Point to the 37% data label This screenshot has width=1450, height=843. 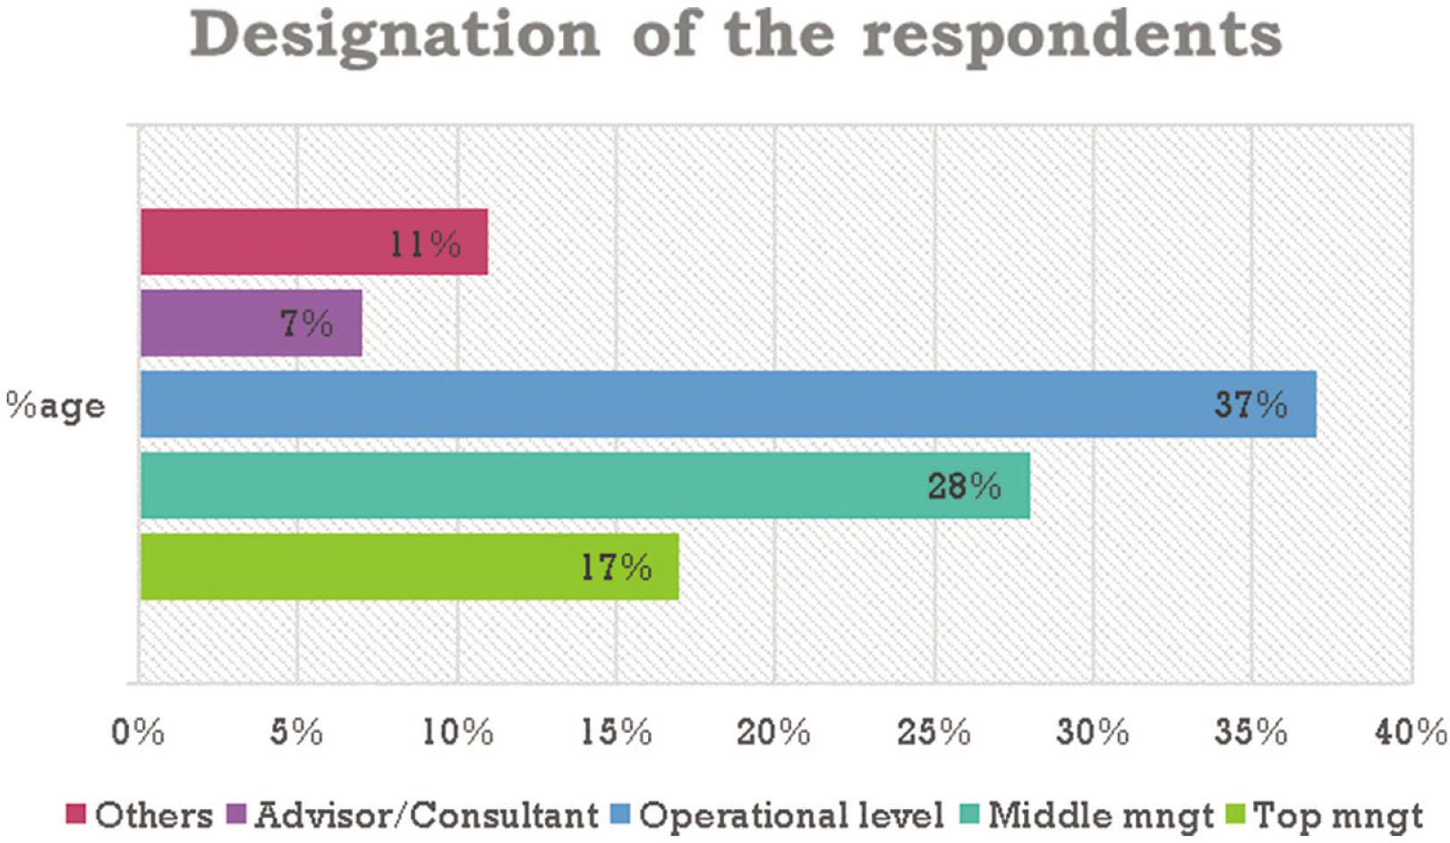[x=1250, y=405]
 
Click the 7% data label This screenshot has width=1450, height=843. [x=307, y=323]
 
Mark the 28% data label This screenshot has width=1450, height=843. [x=964, y=486]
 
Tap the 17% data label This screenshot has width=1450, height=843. [x=616, y=567]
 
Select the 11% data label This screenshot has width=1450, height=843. [x=425, y=244]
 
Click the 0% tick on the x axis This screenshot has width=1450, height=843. [x=138, y=732]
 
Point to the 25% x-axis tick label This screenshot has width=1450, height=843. [x=934, y=732]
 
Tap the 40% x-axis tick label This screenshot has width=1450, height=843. [x=1411, y=732]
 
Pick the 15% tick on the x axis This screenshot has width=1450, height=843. [x=616, y=732]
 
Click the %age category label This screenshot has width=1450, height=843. [x=55, y=407]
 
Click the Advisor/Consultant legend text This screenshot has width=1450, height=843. [x=426, y=815]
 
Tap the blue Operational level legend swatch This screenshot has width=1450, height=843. [x=620, y=814]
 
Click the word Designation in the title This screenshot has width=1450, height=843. [x=395, y=36]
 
